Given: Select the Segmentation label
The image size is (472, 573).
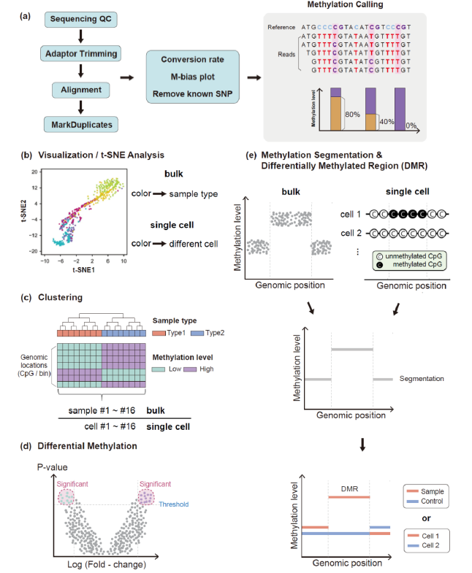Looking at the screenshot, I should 422,379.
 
